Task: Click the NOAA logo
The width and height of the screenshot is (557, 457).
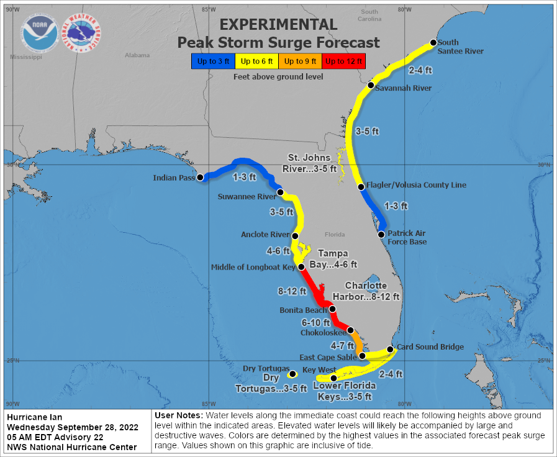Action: [x=40, y=33]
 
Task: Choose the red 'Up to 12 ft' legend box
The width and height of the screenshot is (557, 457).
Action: [x=343, y=61]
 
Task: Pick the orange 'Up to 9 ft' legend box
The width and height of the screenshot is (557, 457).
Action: [x=300, y=61]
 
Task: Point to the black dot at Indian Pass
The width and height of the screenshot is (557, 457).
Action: [x=200, y=178]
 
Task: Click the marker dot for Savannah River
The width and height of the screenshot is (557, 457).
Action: [x=371, y=85]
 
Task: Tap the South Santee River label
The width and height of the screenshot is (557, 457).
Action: [x=460, y=47]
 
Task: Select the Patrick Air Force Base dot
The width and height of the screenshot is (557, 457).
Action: [x=382, y=234]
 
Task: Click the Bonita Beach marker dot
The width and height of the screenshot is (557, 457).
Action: [x=332, y=309]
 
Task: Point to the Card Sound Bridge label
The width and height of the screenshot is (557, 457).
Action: [x=430, y=347]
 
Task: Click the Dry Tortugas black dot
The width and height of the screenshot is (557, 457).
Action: [x=292, y=374]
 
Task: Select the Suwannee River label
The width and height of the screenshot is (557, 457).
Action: [x=247, y=197]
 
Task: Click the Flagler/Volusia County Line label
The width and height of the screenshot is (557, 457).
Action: [x=416, y=185]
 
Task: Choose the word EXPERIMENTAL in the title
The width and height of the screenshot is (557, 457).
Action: [x=279, y=24]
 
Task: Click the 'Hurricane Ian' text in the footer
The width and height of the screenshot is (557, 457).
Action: [x=35, y=417]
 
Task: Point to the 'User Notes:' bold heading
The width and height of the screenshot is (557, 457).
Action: [x=178, y=415]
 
